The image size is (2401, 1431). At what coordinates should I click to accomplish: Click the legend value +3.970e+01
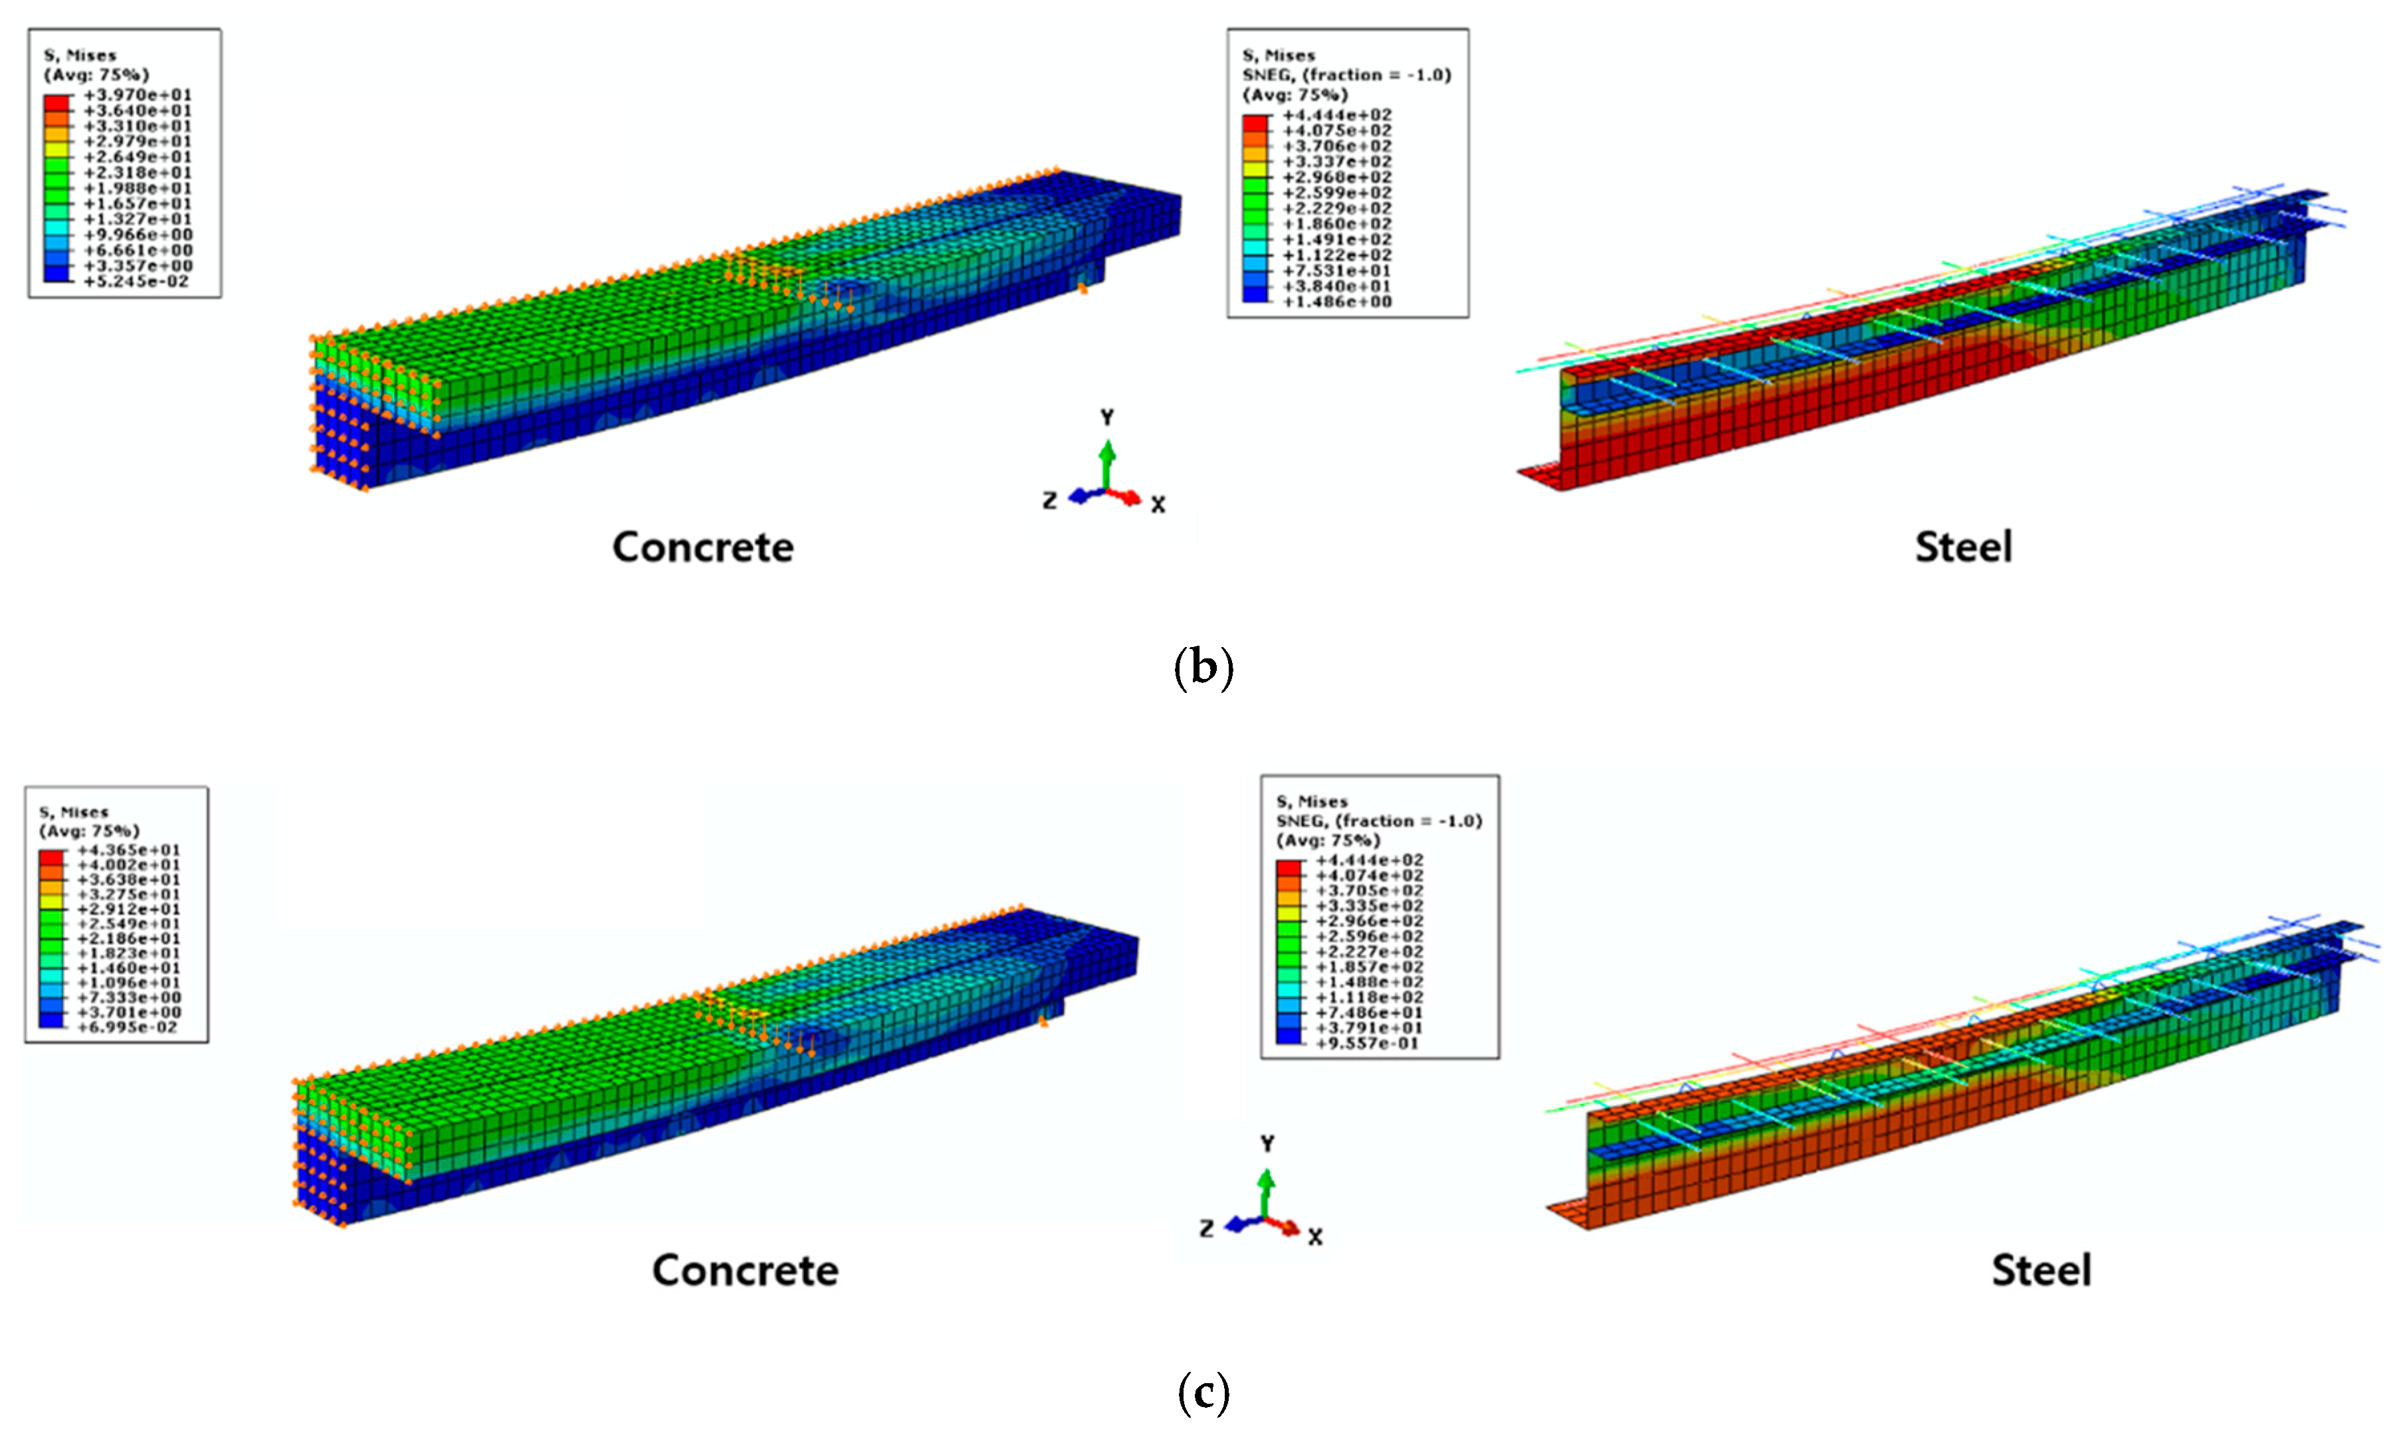click(138, 94)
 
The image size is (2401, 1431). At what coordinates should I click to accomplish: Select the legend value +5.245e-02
click(136, 282)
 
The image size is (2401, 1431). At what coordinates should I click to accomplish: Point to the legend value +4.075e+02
click(1336, 130)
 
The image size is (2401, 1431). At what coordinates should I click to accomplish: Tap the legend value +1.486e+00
click(1336, 302)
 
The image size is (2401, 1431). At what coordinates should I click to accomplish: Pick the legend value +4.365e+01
click(128, 850)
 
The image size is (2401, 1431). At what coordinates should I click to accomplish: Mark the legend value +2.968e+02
click(1336, 177)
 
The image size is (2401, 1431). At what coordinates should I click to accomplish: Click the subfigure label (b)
click(1203, 667)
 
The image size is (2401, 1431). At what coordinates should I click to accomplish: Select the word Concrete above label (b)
click(703, 547)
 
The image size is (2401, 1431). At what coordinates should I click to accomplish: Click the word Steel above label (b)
click(1963, 547)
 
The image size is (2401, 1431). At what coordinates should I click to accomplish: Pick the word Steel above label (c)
click(2041, 1271)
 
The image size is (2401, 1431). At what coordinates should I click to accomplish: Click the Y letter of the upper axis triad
click(1107, 417)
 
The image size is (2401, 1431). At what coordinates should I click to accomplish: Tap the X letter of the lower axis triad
click(1315, 1237)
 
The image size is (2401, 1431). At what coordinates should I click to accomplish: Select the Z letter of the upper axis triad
click(1050, 500)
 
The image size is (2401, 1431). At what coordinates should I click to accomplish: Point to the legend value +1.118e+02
click(1368, 997)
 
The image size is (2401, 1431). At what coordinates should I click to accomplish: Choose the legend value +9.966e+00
click(138, 235)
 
